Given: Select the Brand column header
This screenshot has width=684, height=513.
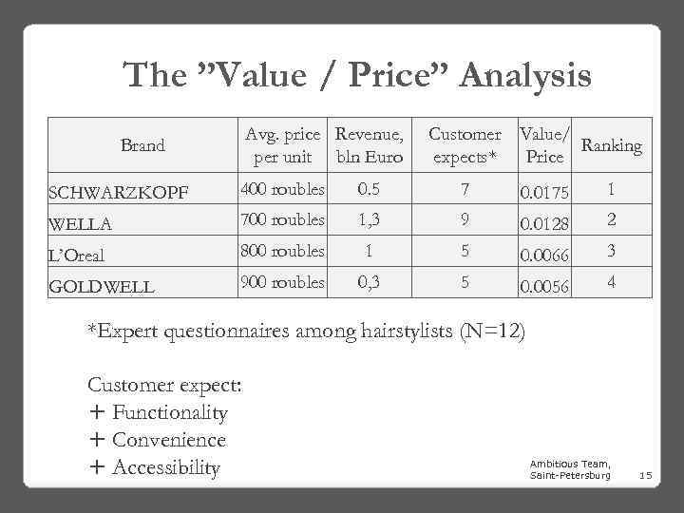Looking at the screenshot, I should (x=142, y=145).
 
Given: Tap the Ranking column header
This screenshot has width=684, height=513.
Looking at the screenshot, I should (x=611, y=145).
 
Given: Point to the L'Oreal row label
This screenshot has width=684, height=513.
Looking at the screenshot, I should (x=76, y=255).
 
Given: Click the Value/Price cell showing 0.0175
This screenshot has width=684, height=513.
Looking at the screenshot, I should (x=545, y=193).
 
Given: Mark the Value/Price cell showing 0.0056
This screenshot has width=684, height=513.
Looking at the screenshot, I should (x=545, y=286).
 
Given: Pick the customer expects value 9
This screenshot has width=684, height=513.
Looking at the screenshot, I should (x=465, y=218).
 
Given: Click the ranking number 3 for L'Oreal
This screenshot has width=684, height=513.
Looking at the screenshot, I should (x=611, y=251).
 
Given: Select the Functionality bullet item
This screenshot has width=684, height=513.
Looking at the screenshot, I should (x=169, y=413).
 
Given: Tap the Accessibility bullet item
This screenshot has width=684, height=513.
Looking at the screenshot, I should (x=165, y=467).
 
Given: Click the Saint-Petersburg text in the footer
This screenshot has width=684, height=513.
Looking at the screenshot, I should (x=570, y=474).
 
